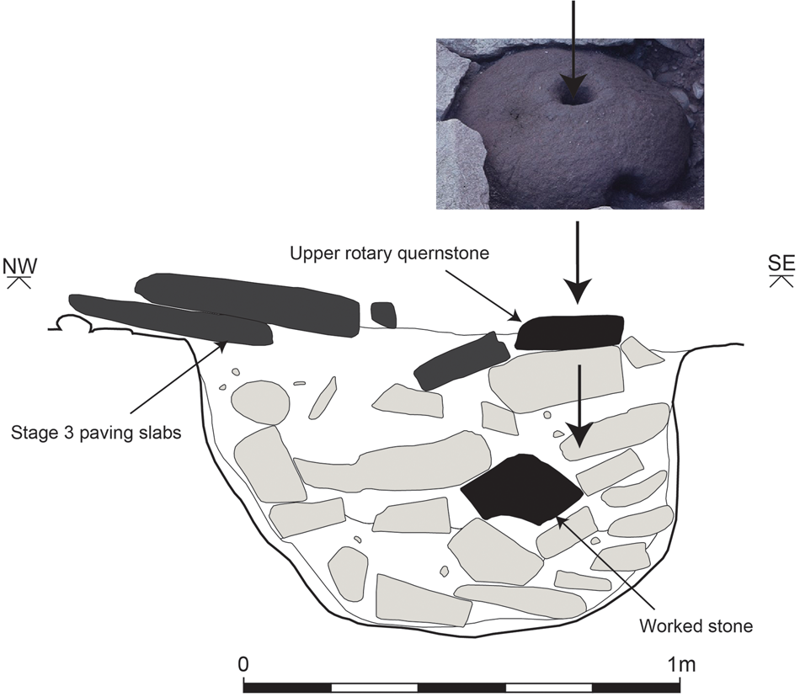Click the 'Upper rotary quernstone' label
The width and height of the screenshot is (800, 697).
(x=390, y=253)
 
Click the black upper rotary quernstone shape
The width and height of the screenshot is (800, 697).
(x=569, y=333)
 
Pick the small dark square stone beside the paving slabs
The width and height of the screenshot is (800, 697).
(x=383, y=314)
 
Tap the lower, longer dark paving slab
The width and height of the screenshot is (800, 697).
(x=168, y=319)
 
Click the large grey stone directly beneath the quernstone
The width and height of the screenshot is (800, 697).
(x=555, y=379)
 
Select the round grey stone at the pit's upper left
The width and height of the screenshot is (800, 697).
(x=262, y=401)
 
